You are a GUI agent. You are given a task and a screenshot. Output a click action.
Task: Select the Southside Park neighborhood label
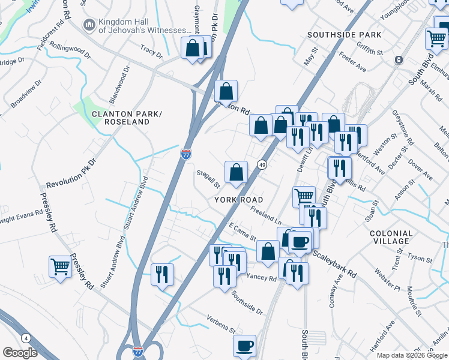pyautogui.click(x=345, y=35)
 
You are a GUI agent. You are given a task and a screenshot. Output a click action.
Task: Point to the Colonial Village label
pyautogui.click(x=391, y=237)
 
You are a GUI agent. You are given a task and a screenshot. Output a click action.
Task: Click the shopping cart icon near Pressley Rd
pyautogui.click(x=60, y=266)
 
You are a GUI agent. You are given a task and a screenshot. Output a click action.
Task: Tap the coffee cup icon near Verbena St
pyautogui.click(x=244, y=346)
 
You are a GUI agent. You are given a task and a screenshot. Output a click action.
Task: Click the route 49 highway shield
pyautogui.click(x=262, y=164)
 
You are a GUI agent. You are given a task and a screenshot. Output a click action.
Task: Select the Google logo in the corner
pyautogui.click(x=20, y=352)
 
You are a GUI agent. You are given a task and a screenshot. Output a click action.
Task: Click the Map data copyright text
pyautogui.click(x=412, y=355)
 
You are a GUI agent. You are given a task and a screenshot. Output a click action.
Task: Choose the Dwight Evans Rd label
pyautogui.click(x=19, y=218)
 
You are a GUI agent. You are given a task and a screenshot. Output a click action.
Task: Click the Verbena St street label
pyautogui.click(x=220, y=324)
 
